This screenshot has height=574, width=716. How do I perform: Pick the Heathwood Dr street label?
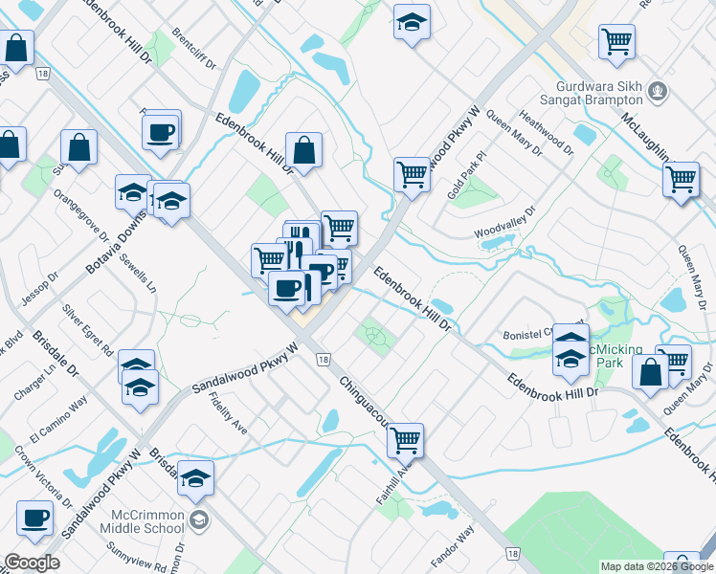tap(546, 133)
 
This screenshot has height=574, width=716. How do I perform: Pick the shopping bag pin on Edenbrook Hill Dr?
tap(303, 150)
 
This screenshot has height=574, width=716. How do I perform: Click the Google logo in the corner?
tap(32, 563)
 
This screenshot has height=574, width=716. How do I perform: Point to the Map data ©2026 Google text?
tap(656, 566)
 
